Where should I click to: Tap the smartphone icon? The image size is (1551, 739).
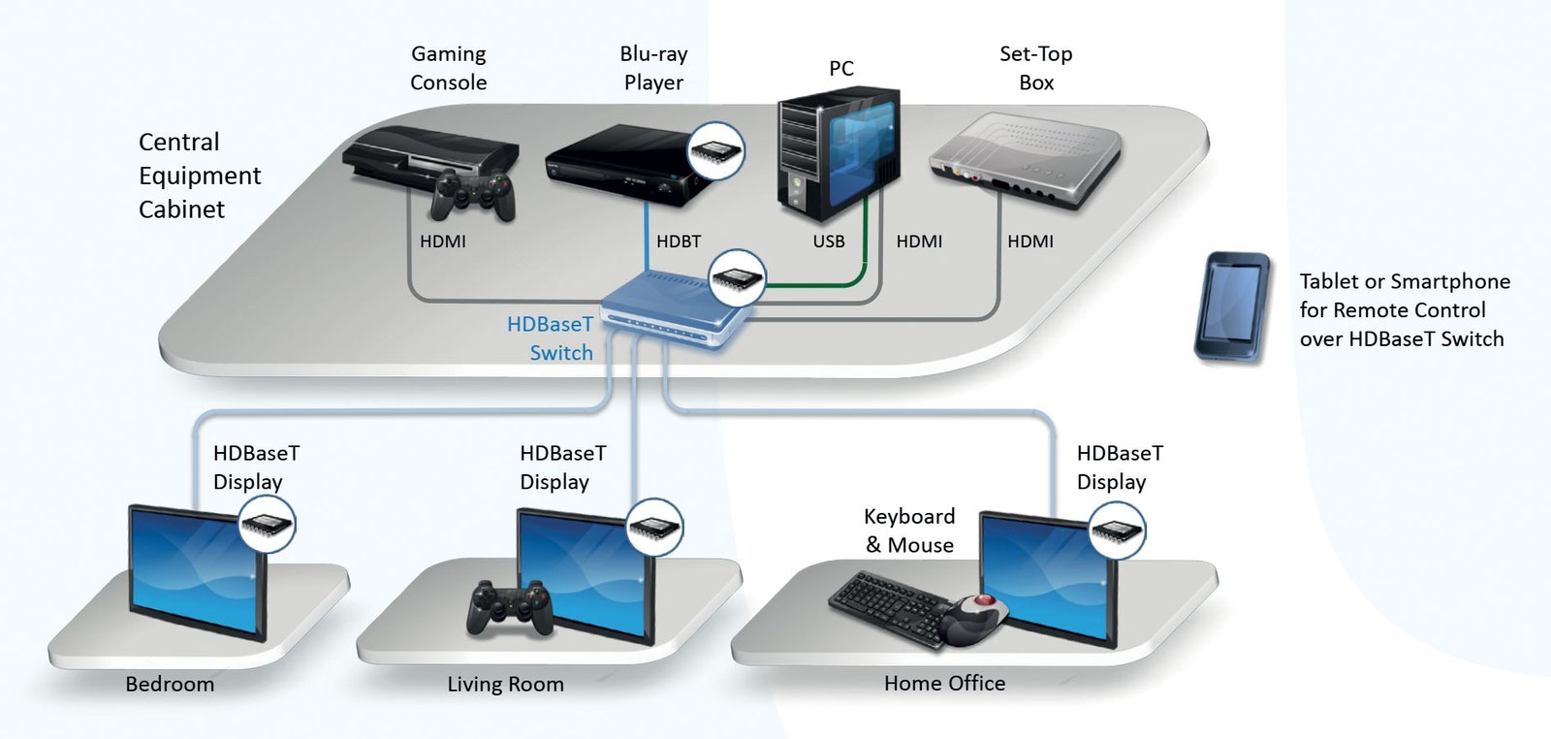pyautogui.click(x=1232, y=307)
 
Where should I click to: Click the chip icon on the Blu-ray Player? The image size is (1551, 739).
pyautogui.click(x=715, y=150)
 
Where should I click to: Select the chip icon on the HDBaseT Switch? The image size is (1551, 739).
pyautogui.click(x=738, y=278)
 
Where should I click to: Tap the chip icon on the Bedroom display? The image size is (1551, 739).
pyautogui.click(x=267, y=525)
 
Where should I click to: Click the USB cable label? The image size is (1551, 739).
pyautogui.click(x=829, y=241)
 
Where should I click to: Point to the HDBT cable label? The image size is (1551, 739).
pyautogui.click(x=679, y=241)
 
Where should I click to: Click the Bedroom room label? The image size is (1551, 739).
pyautogui.click(x=170, y=684)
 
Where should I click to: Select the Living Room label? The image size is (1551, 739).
pyautogui.click(x=505, y=684)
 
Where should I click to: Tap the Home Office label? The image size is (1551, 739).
pyautogui.click(x=944, y=684)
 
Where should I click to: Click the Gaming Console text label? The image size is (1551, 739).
pyautogui.click(x=448, y=68)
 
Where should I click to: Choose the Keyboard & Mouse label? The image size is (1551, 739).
pyautogui.click(x=909, y=530)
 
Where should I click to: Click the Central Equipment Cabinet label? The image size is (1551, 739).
pyautogui.click(x=199, y=176)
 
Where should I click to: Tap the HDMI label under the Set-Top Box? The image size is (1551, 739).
pyautogui.click(x=1029, y=241)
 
